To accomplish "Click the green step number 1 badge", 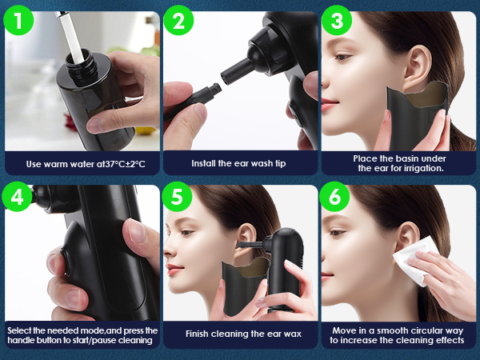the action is point(18,20).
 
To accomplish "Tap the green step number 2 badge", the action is point(178,20).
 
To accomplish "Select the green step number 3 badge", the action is point(337,20).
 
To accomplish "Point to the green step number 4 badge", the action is point(17,196).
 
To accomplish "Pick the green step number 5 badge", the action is point(177,196).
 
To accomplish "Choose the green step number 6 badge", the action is point(334,196).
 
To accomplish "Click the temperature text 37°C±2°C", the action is point(125,164).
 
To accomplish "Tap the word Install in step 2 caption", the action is point(203,163).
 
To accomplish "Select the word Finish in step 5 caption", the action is point(197,334).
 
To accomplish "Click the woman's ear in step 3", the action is point(416,68).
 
